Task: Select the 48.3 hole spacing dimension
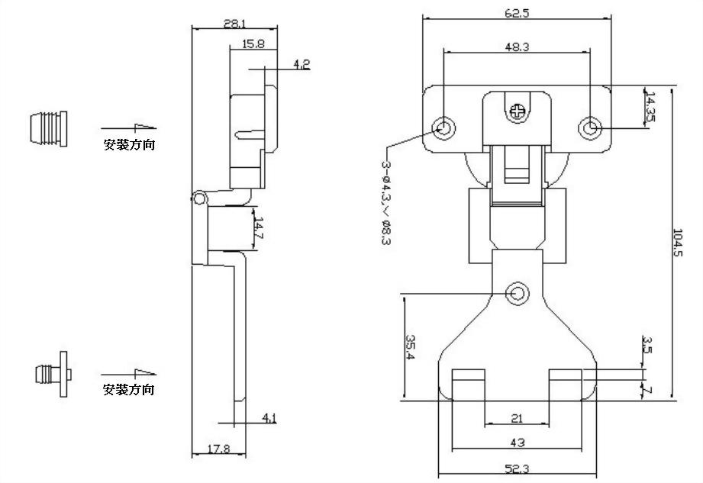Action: (x=517, y=47)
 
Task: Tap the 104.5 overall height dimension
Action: (x=678, y=243)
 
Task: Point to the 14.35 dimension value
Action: (x=650, y=108)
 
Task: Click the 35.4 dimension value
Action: (x=410, y=346)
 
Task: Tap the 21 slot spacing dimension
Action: (x=517, y=418)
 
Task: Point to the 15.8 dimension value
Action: (x=253, y=44)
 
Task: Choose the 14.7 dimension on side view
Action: (x=259, y=229)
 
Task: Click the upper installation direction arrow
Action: (x=129, y=127)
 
